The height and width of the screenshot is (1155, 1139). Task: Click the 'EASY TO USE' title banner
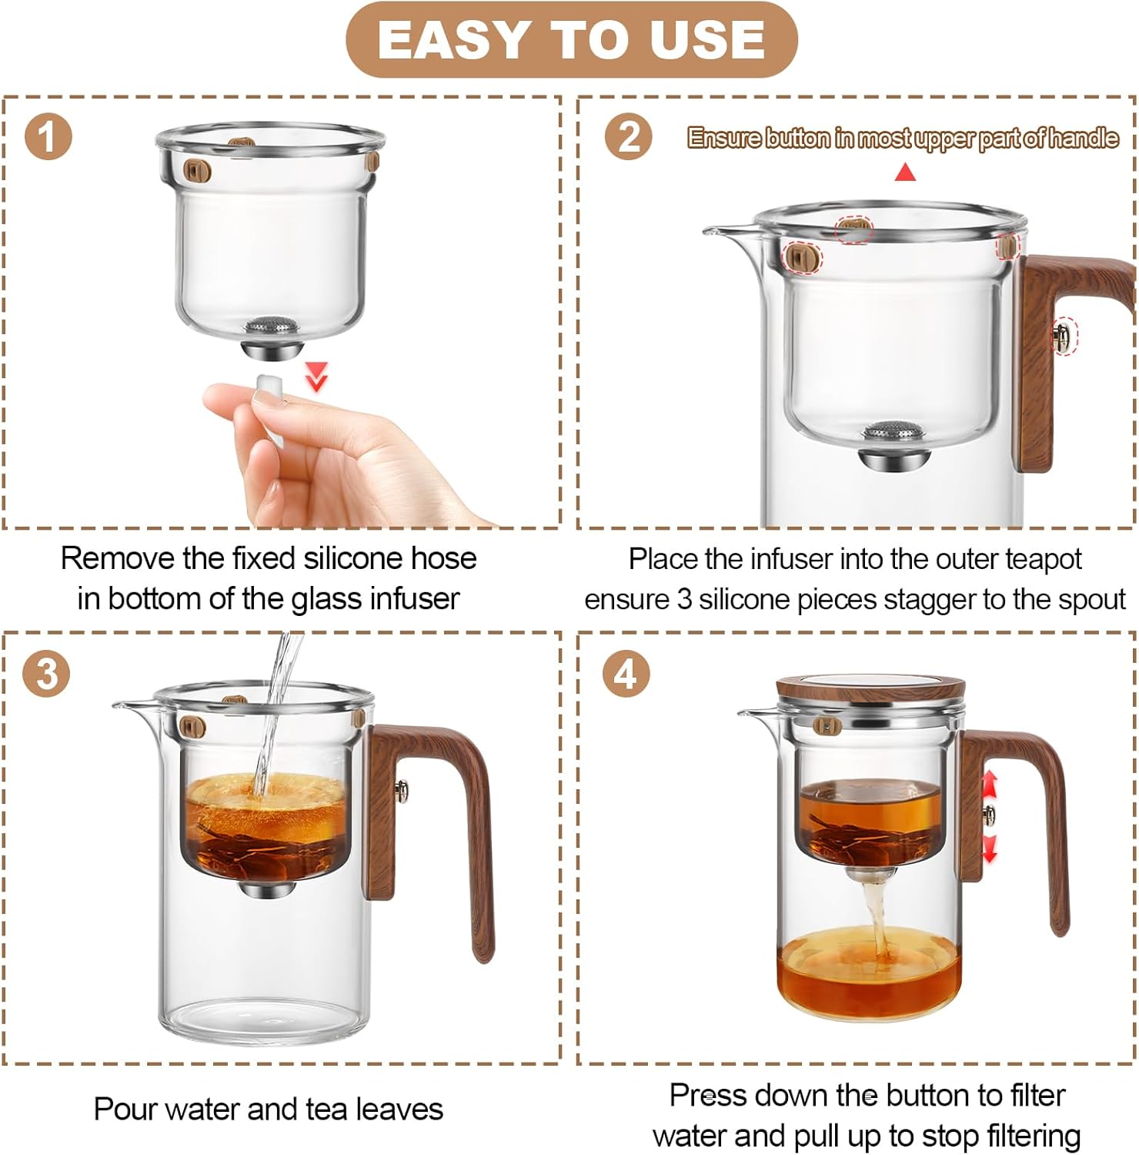coord(571,40)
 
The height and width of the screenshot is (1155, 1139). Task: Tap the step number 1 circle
coord(48,138)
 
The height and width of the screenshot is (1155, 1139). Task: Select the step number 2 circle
coord(629,138)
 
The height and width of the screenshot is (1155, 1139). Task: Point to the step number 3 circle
coord(48,674)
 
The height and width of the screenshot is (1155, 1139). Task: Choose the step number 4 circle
coord(626,674)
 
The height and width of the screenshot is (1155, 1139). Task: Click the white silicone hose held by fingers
coord(269,387)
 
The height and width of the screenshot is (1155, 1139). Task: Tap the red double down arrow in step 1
coord(316,377)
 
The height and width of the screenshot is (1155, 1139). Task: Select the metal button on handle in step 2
coord(1063,336)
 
